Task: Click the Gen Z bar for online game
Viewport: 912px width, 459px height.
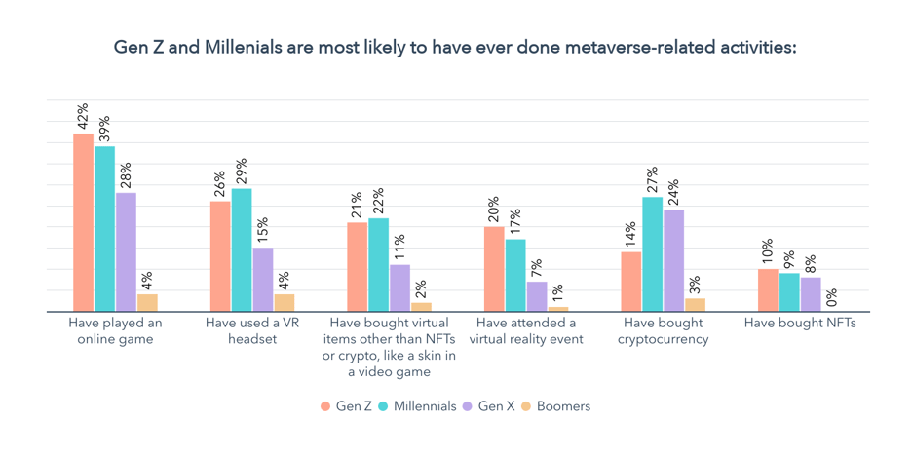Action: [x=83, y=223]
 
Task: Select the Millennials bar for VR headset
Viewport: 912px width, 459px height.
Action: [x=242, y=250]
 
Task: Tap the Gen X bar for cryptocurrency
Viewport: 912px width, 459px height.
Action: [x=673, y=261]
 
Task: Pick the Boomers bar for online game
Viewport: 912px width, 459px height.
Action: [x=147, y=303]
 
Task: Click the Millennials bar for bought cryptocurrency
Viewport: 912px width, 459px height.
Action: [x=652, y=254]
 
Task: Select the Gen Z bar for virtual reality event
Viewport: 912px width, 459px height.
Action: [x=494, y=269]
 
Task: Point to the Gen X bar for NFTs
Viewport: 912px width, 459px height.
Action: [x=811, y=294]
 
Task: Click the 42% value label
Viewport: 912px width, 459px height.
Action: [x=84, y=116]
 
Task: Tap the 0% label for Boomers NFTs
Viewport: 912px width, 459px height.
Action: [x=831, y=296]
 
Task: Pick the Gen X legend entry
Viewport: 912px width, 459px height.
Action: [x=494, y=406]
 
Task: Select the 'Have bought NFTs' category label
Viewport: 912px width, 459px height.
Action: [x=800, y=323]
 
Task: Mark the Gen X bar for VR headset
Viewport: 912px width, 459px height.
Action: [x=263, y=280]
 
